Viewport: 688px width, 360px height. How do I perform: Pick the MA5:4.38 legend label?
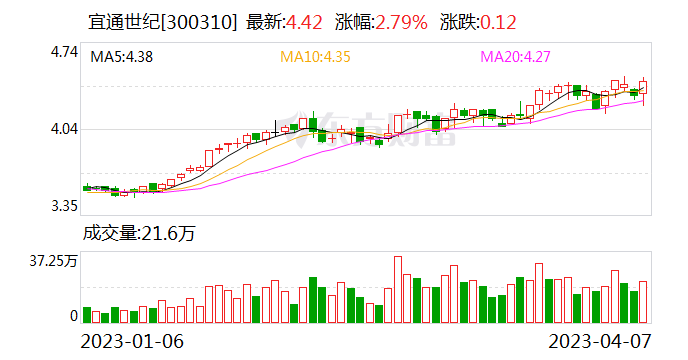(122, 58)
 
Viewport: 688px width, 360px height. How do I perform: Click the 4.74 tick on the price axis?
(63, 53)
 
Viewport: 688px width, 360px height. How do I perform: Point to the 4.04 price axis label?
(63, 129)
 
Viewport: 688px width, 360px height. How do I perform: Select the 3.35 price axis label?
(63, 206)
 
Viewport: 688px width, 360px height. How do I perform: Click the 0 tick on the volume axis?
(73, 316)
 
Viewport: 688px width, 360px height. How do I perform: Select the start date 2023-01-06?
(132, 341)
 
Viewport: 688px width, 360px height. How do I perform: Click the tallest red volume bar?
(397, 290)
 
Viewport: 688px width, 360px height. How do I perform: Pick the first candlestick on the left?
(87, 187)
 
